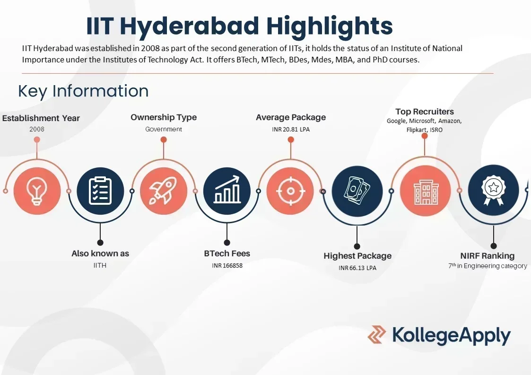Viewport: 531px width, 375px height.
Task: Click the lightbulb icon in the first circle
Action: coord(37,191)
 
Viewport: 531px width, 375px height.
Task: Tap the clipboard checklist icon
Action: coord(100,191)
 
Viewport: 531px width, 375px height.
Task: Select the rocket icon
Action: coord(164,191)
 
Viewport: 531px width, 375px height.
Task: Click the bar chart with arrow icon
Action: coord(227,191)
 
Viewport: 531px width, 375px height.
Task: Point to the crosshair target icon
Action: coord(290,191)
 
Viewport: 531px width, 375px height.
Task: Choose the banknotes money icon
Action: coord(356,191)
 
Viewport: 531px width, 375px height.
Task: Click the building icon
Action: coord(424,191)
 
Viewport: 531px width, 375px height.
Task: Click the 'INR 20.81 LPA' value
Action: coord(291,129)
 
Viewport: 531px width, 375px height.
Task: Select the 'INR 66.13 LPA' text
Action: coord(357,268)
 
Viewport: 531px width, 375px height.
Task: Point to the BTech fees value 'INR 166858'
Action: coord(227,266)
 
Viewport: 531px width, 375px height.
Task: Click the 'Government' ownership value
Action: coord(164,129)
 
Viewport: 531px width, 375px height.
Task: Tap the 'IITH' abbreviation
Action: coord(100,265)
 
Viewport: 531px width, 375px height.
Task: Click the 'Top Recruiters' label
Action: coord(424,112)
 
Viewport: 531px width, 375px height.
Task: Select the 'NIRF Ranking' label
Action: coord(487,256)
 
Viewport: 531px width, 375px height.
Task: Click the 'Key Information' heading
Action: coord(83,91)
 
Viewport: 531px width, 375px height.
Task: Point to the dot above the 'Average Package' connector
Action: coord(291,140)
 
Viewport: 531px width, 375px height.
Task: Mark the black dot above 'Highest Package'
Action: coord(357,246)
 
